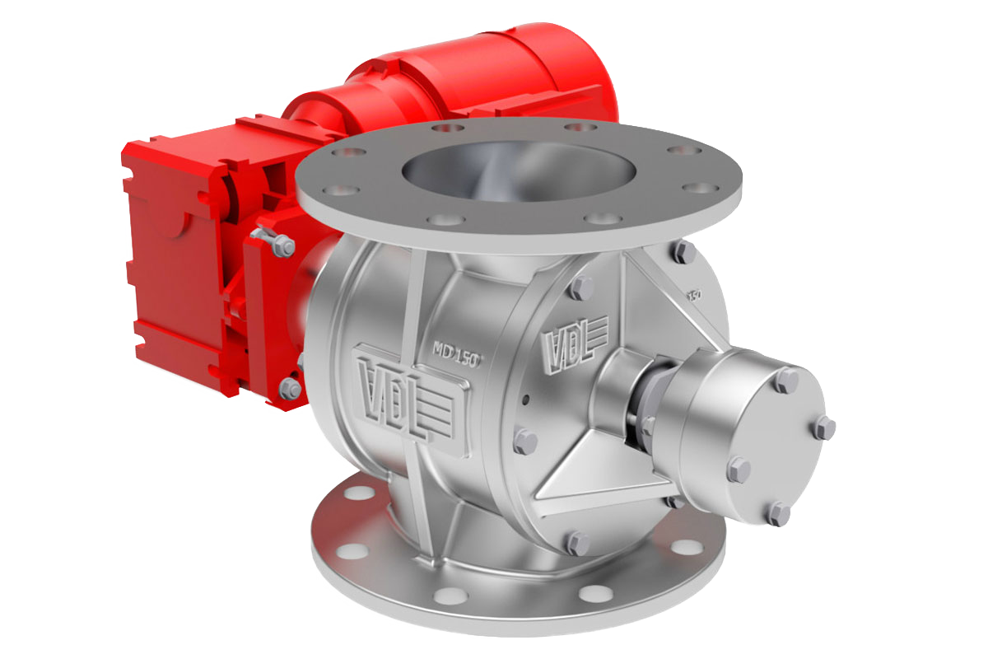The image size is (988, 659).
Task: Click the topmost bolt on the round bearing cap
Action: [787, 380]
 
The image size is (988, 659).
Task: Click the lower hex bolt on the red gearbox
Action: [290, 387]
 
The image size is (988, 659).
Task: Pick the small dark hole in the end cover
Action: [524, 402]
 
